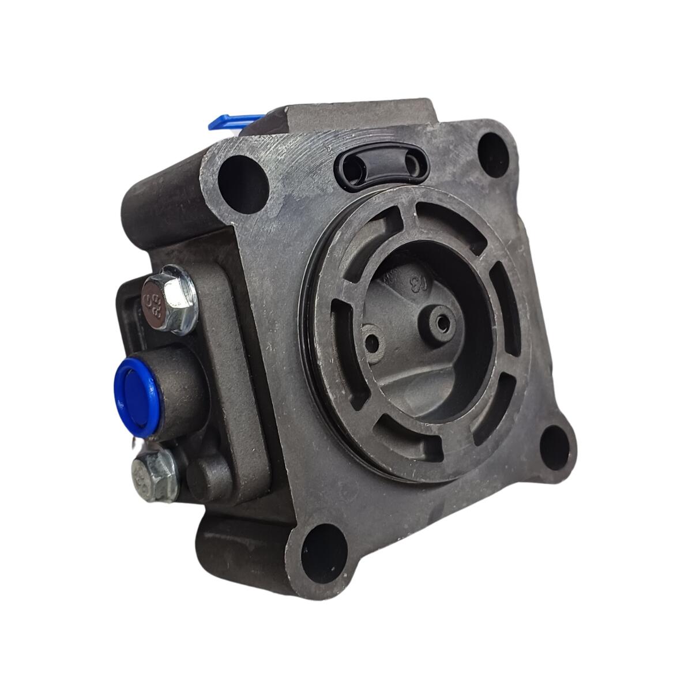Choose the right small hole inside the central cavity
(442, 324)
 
